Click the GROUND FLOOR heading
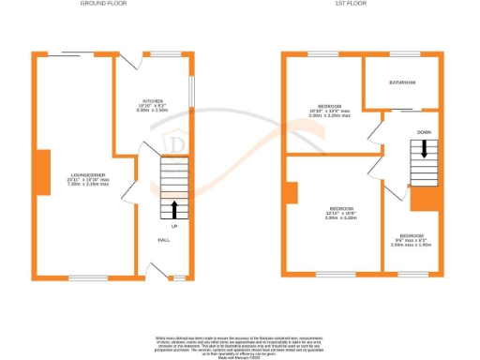105,4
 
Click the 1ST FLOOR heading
352,4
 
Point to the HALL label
163,240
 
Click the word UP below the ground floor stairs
174,226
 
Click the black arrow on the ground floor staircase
174,207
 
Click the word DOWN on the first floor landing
424,132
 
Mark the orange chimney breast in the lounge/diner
42,172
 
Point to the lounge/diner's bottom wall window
86,277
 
